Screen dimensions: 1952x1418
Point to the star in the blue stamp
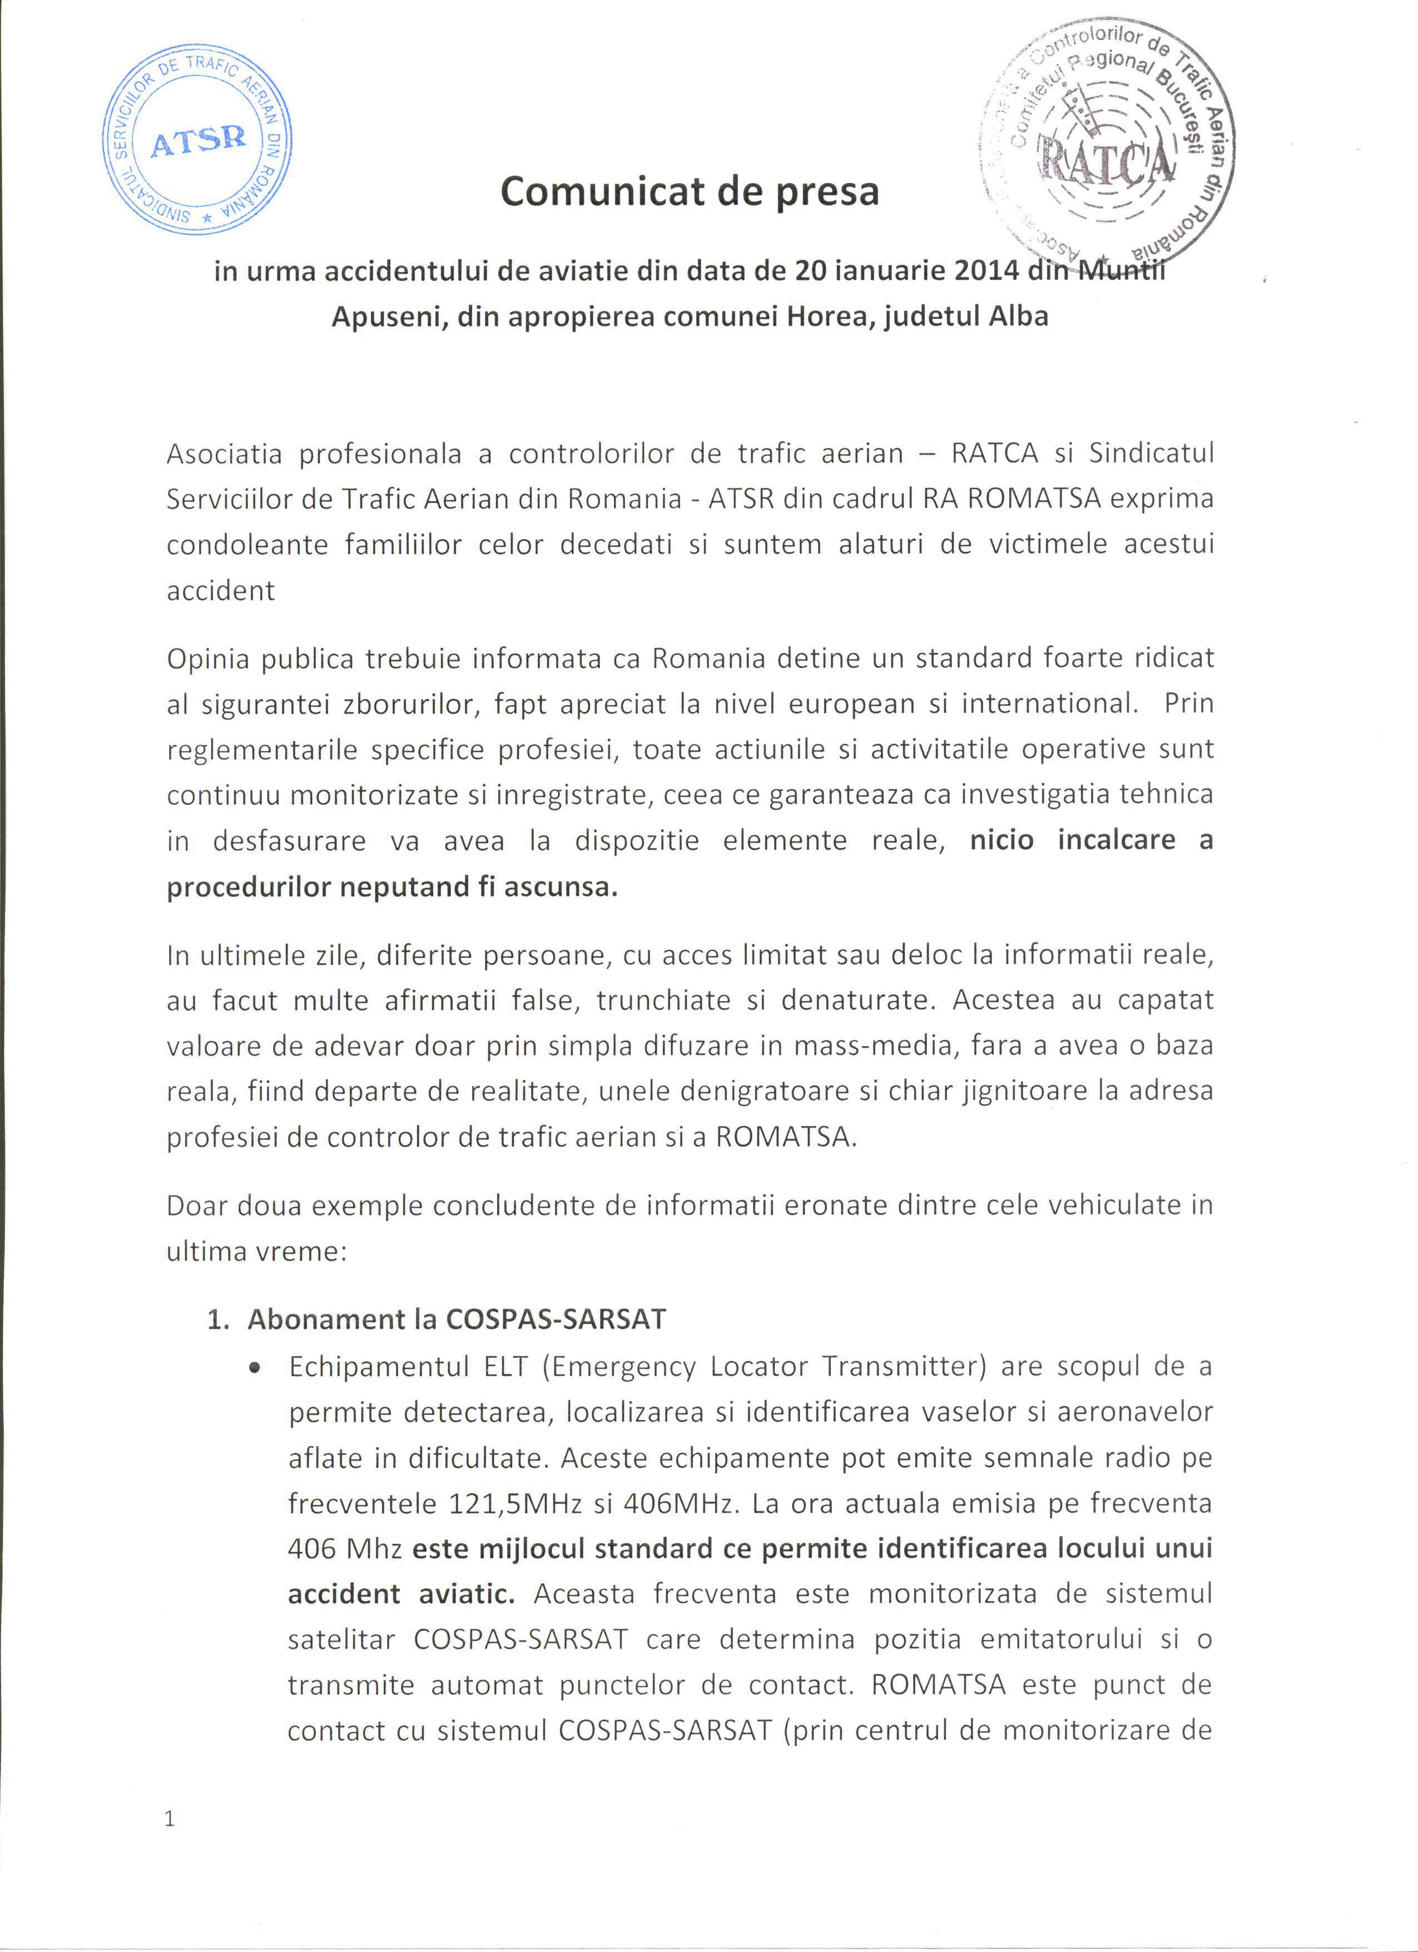206,220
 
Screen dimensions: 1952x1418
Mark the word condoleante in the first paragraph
247,545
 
